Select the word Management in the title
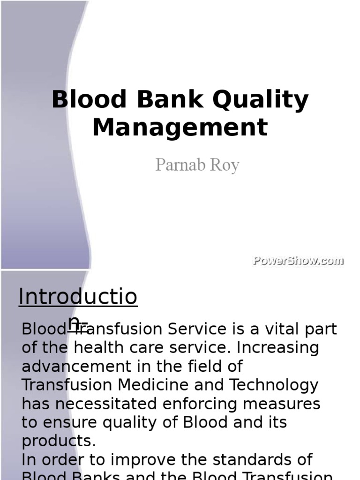pos(180,127)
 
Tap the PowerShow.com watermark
pos(298,261)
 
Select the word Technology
pos(274,385)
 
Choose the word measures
pos(290,404)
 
